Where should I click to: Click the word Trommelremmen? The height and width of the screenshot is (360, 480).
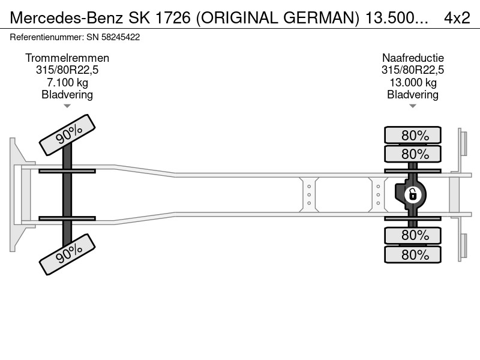tap(67, 58)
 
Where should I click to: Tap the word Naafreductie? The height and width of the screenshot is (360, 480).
tap(413, 58)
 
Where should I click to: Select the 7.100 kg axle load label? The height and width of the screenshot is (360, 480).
tap(67, 82)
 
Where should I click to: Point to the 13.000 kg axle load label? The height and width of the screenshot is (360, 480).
tap(413, 82)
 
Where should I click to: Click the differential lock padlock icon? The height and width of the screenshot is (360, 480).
tap(413, 194)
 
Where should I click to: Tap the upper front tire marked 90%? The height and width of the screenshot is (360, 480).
tap(67, 135)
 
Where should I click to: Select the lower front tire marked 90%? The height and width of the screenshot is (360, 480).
tap(67, 254)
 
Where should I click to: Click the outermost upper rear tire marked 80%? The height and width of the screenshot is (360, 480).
tap(413, 135)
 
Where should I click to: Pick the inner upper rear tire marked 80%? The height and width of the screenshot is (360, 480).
tap(413, 154)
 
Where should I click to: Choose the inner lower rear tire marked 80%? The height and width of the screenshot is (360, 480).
tap(413, 235)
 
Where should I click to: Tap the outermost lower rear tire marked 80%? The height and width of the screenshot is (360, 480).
tap(413, 254)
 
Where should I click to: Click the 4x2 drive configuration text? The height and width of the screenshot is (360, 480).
tap(457, 18)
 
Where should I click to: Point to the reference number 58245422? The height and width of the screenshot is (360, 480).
tap(121, 37)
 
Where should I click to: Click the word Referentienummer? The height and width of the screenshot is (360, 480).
tap(46, 37)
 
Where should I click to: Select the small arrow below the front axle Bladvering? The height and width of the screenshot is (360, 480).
tap(67, 106)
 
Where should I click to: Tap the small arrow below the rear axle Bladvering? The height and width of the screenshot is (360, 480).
tap(413, 106)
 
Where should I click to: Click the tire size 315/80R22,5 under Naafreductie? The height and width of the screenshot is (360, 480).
tap(413, 70)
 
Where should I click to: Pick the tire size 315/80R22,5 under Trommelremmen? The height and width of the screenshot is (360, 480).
tap(67, 70)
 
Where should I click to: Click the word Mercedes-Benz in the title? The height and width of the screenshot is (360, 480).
tap(67, 18)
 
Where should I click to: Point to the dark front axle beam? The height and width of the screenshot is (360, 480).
tap(67, 194)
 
